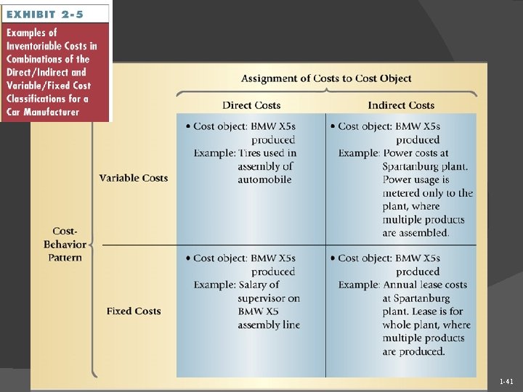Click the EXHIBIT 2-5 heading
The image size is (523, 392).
point(46,14)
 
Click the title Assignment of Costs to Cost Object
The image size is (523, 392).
point(326,78)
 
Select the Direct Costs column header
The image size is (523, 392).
point(252,105)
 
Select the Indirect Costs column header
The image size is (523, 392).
point(401,105)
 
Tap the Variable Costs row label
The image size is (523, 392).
point(134,178)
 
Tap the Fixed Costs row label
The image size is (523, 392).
point(134,311)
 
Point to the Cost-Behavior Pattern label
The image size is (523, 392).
point(65,244)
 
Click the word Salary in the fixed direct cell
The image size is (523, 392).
point(254,285)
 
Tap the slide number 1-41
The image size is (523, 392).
point(506,381)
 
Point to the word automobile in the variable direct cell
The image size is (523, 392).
point(264,179)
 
